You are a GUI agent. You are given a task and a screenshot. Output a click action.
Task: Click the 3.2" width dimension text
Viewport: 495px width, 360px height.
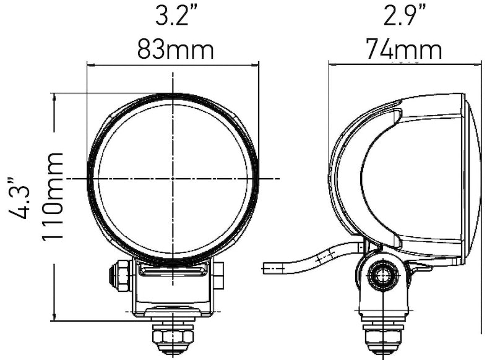click(x=175, y=17)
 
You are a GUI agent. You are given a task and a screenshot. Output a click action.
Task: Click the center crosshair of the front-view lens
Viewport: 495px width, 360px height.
click(x=173, y=178)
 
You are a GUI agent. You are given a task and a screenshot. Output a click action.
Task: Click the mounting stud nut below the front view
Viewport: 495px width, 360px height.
click(x=173, y=337)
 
